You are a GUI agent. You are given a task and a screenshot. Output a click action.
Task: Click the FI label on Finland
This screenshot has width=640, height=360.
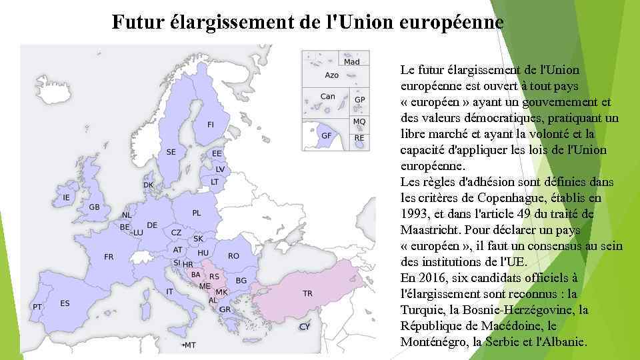click(211, 125)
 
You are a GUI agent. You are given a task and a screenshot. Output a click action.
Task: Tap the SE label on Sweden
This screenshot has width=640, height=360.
click(171, 152)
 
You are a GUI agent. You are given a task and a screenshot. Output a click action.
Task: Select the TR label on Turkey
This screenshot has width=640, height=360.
click(307, 293)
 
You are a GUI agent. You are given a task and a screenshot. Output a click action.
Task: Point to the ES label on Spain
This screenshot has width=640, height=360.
click(65, 303)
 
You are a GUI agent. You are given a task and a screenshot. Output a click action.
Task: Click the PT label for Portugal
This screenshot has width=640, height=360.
click(37, 307)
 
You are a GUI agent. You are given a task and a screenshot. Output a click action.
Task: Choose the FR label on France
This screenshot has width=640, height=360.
click(109, 257)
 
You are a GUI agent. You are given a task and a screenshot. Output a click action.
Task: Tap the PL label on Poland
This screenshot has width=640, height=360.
click(196, 213)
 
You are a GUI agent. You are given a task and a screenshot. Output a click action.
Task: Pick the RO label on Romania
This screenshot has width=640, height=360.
click(233, 256)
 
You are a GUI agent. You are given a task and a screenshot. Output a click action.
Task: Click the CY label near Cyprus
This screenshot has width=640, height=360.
click(304, 327)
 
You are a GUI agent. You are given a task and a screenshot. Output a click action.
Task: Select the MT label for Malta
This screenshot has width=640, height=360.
click(190, 345)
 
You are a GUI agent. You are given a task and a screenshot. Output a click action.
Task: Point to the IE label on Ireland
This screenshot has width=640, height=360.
click(66, 198)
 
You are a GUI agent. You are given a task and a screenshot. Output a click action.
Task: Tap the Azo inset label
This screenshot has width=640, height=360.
click(332, 75)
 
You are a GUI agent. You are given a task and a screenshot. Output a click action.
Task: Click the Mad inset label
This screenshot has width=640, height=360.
click(352, 62)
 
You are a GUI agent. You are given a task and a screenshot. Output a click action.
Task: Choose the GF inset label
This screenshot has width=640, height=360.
click(326, 135)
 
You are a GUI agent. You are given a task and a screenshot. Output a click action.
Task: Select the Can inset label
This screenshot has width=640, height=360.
click(327, 96)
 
